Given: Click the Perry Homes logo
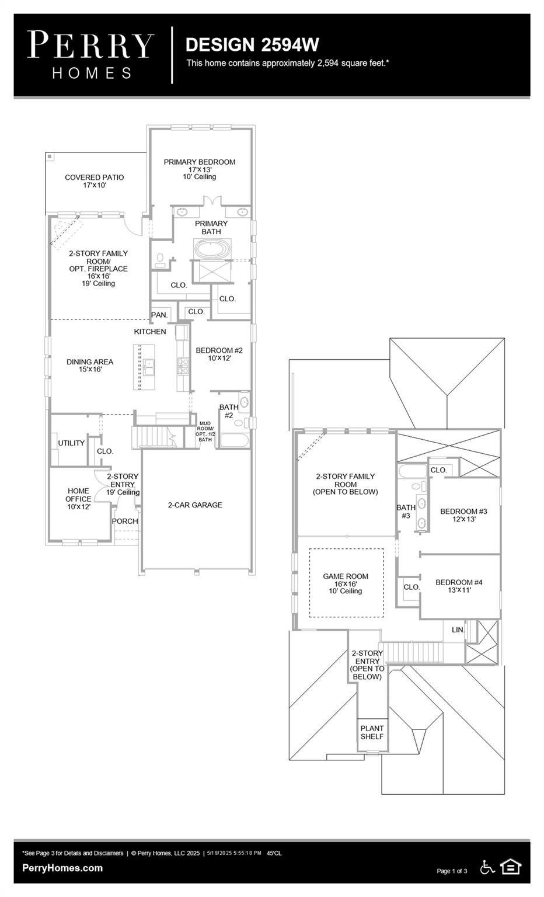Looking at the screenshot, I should click(x=91, y=55).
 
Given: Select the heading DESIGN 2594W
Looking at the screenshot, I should click(x=252, y=44).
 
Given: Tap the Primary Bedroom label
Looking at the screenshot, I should click(x=200, y=169).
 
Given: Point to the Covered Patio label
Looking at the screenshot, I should click(x=94, y=181).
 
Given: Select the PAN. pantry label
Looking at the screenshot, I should click(x=159, y=315).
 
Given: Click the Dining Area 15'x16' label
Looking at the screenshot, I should click(x=90, y=366).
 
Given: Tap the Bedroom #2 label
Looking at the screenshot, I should click(x=219, y=354).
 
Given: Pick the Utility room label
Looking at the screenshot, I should click(x=71, y=443).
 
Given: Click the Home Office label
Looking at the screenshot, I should click(x=78, y=499).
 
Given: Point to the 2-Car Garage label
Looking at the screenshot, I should click(x=195, y=505).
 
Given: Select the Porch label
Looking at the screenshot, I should click(x=125, y=521).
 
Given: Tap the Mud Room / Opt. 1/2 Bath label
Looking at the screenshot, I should click(x=205, y=432).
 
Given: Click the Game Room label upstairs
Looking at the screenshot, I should click(x=346, y=583).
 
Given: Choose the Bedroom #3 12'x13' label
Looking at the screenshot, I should click(x=463, y=515).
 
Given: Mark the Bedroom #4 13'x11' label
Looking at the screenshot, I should click(x=459, y=586).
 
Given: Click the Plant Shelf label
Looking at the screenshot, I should click(x=372, y=732).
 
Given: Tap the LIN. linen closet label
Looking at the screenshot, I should click(x=458, y=630).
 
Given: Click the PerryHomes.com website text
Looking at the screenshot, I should click(x=62, y=868).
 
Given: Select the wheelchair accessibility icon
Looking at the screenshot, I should click(x=487, y=867).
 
